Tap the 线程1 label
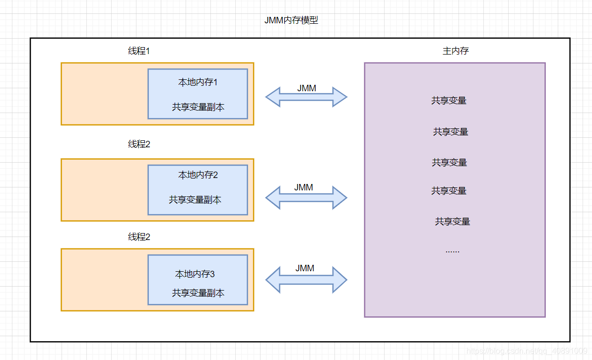[139, 51]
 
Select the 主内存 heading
[455, 51]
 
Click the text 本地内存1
[198, 82]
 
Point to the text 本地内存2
[198, 175]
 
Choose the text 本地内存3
[195, 274]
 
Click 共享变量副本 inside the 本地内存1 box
[198, 107]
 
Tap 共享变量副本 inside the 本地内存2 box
[195, 200]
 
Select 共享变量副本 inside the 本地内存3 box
[198, 293]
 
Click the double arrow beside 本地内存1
[306, 97]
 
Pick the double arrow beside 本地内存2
[306, 197]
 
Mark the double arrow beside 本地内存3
[306, 280]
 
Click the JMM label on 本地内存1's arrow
[307, 88]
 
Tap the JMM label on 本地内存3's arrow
[305, 268]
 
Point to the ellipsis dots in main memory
[452, 251]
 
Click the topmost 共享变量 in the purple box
[449, 101]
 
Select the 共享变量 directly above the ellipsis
[452, 222]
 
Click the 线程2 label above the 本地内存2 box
[139, 144]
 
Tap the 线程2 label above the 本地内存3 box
[139, 237]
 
